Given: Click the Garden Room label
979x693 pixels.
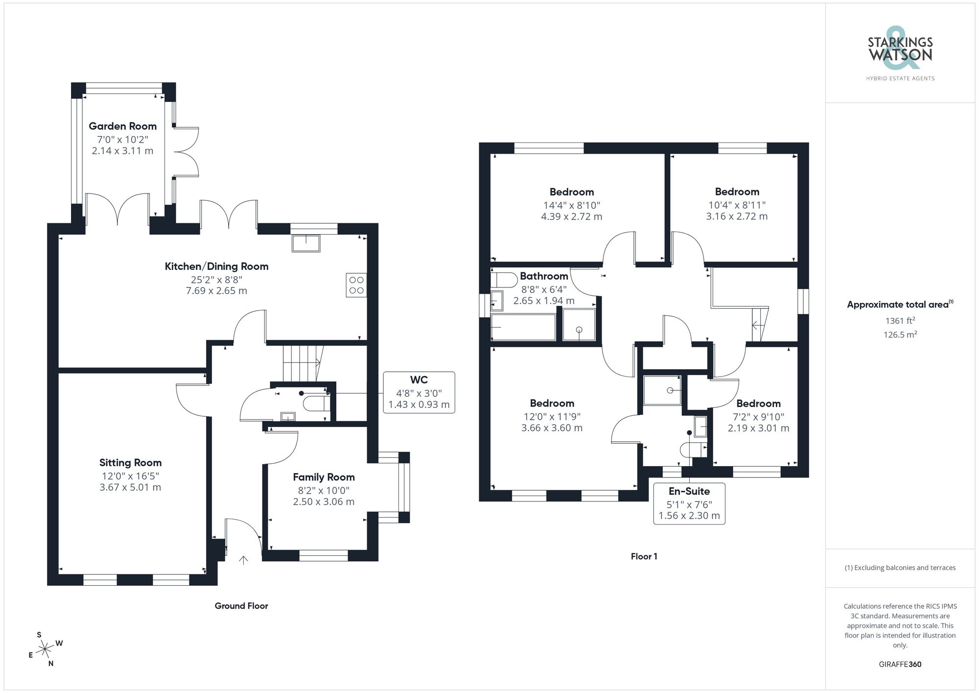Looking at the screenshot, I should click(122, 126).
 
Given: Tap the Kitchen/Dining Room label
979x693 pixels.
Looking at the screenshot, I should click(216, 266).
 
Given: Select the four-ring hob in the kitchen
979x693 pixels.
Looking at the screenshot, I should click(356, 285).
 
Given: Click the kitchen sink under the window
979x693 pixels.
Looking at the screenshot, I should click(306, 243).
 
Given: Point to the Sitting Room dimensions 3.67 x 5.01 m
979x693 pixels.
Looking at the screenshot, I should click(130, 487).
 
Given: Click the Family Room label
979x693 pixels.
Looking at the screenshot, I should click(324, 477).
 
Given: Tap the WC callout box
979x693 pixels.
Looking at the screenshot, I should click(419, 392).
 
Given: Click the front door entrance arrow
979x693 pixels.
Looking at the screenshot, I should click(243, 560).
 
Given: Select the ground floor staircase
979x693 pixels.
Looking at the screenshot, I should click(302, 363).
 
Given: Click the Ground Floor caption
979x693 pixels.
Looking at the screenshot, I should click(241, 606).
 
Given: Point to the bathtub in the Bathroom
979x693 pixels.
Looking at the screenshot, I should click(523, 327).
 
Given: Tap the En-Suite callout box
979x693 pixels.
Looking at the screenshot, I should click(689, 503).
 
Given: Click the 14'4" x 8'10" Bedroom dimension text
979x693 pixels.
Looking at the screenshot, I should click(571, 206).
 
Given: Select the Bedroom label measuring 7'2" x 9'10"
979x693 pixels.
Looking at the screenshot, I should click(758, 404).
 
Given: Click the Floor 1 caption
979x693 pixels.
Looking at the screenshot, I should click(644, 556).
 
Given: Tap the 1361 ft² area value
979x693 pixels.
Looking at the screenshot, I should click(900, 321).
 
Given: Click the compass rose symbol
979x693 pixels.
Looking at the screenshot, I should click(45, 649).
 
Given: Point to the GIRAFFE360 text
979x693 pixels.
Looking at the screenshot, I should click(900, 665).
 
